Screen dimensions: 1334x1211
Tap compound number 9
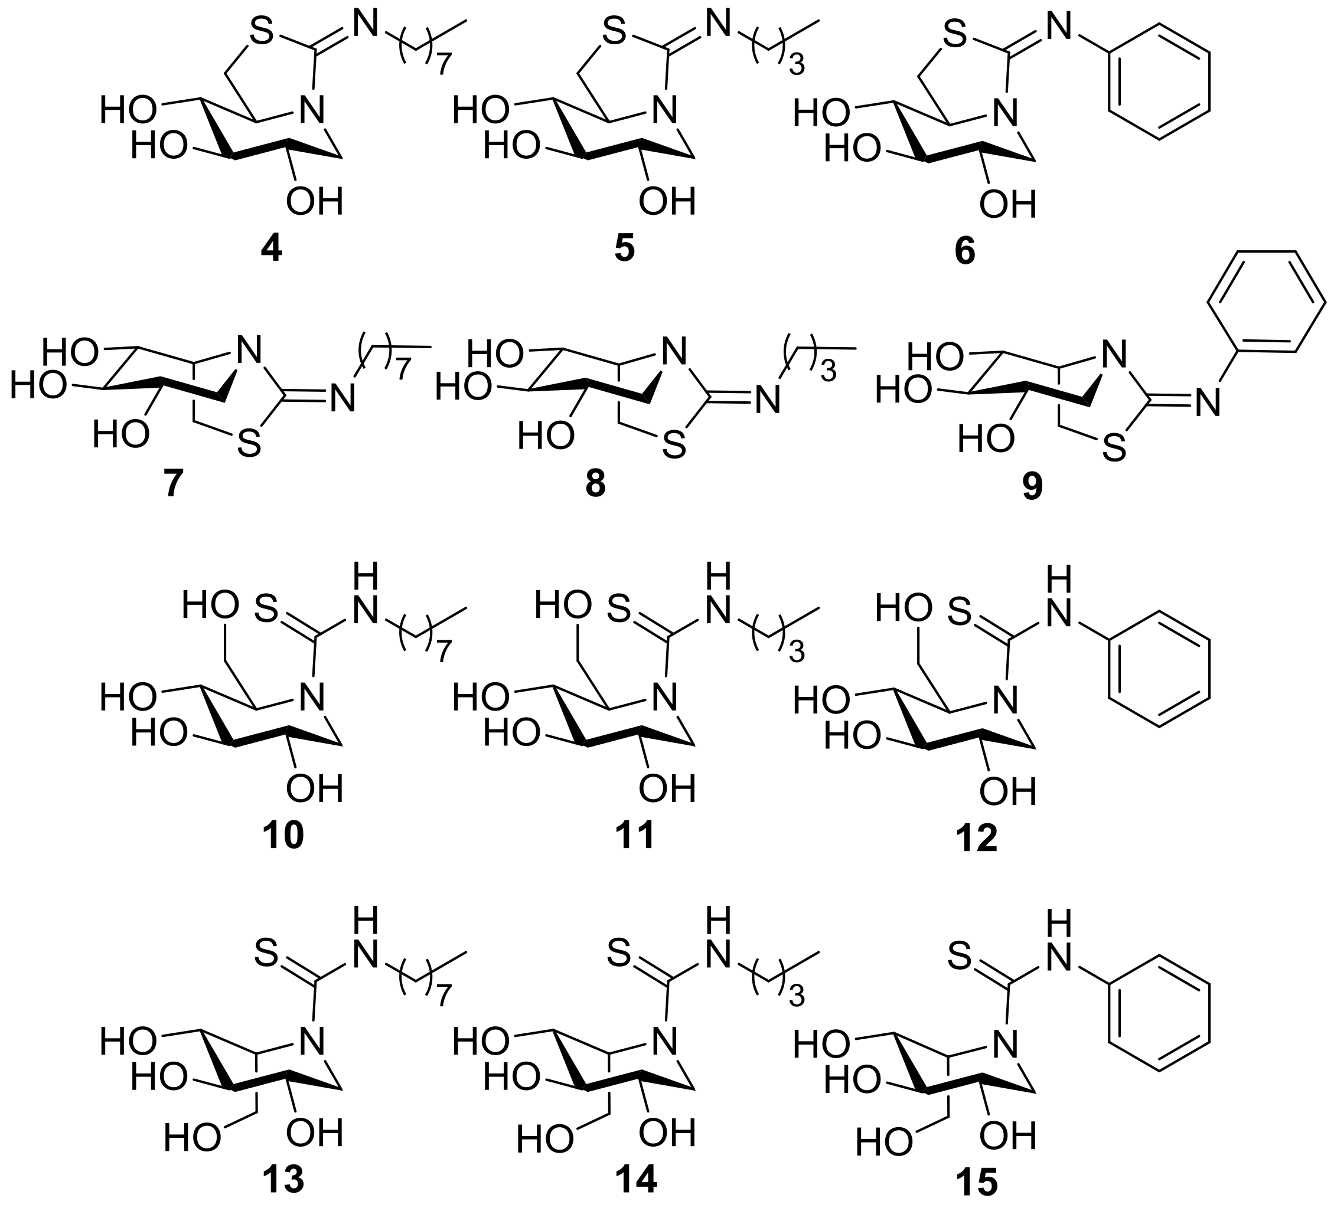1032,487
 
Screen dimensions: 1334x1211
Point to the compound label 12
977,839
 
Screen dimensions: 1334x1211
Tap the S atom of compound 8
674,446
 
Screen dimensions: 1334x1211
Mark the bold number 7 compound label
174,486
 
